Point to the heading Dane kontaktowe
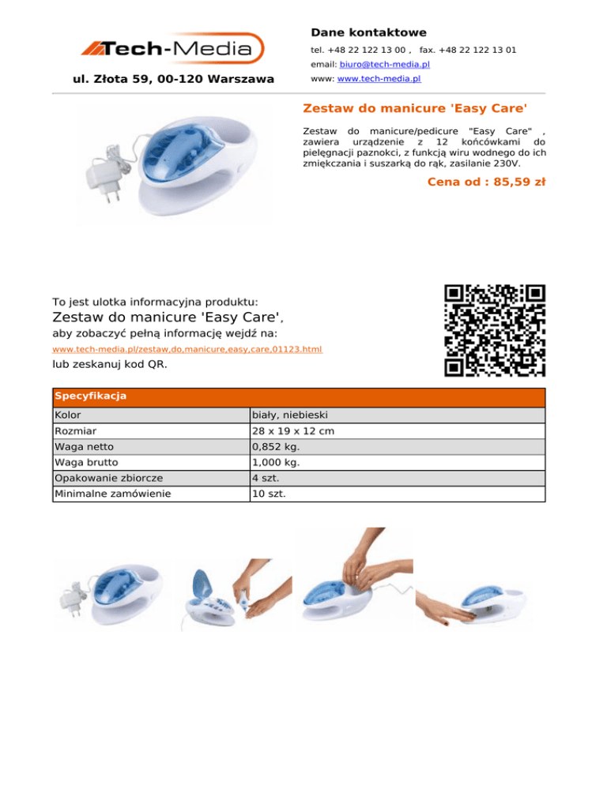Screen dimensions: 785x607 (x=368, y=32)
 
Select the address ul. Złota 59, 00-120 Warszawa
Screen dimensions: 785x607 (x=173, y=79)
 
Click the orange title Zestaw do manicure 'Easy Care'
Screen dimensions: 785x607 (x=415, y=107)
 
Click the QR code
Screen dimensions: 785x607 (x=495, y=331)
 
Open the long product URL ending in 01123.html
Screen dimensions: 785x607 (x=187, y=348)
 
